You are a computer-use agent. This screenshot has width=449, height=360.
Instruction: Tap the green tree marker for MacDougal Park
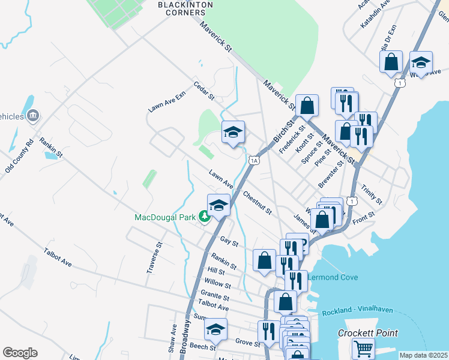coord(205,217)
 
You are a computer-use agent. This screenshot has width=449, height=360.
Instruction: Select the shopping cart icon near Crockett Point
coord(363,347)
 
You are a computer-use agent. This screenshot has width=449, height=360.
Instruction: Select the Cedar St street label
coord(204,91)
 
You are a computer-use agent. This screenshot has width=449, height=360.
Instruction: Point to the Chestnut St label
coord(258,203)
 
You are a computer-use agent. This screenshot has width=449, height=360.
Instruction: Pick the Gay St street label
coord(229,242)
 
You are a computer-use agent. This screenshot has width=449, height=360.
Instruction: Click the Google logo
coord(20,353)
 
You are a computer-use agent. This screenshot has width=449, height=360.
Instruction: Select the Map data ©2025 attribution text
coord(423,355)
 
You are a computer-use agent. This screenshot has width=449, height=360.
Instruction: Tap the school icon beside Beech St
coord(215,329)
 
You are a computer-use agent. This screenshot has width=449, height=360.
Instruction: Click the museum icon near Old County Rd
coord(33,115)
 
